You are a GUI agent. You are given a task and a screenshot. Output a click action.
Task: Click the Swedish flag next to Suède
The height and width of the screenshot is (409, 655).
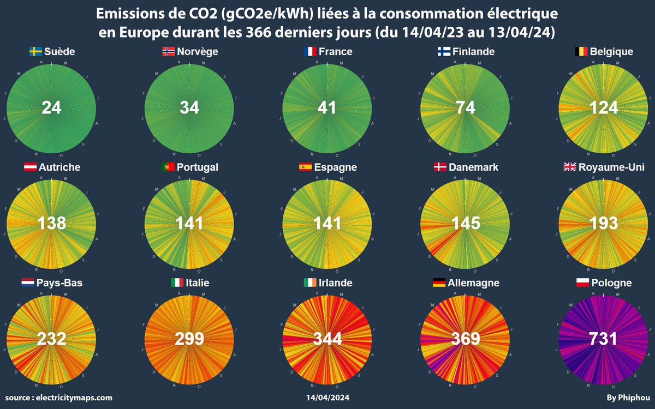(35, 52)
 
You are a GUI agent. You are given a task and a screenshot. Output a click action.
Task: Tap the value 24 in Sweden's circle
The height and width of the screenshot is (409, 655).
(52, 107)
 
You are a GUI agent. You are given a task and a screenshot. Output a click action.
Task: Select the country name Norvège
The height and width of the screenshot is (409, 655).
(198, 52)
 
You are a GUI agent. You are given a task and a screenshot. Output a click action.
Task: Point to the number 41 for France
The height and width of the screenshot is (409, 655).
(327, 107)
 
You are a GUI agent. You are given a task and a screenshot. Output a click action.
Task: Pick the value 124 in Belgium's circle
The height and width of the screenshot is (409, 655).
(604, 107)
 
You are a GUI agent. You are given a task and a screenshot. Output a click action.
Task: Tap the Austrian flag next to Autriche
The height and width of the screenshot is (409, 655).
(31, 167)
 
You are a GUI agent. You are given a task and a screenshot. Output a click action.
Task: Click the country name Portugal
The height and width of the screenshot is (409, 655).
(198, 167)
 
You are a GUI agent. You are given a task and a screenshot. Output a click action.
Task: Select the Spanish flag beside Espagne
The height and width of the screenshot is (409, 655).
(305, 167)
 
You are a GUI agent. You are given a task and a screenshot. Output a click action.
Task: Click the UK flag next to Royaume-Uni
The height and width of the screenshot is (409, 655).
(570, 167)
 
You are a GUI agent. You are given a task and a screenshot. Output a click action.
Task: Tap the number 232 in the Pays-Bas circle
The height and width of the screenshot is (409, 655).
(52, 339)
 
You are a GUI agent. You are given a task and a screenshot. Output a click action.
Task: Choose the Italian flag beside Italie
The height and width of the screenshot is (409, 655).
(177, 283)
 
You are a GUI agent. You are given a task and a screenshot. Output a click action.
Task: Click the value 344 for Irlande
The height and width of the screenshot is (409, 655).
(327, 339)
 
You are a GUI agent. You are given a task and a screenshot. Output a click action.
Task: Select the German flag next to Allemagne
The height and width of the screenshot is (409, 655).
(438, 283)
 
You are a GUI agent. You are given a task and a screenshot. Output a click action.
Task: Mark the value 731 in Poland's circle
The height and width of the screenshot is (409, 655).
(604, 339)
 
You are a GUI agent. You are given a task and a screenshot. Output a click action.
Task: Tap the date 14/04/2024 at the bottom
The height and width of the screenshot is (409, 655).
(327, 398)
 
